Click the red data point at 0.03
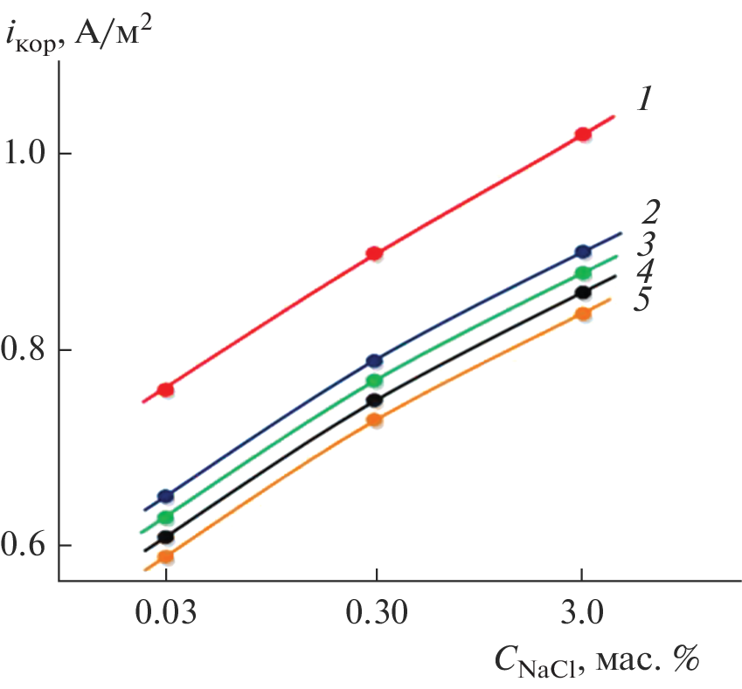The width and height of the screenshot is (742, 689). [x=165, y=389]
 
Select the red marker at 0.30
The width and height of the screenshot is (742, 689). [x=374, y=254]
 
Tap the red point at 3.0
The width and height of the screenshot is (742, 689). [x=582, y=134]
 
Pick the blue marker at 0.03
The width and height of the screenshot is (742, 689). [x=165, y=497]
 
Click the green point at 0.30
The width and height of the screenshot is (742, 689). [x=374, y=381]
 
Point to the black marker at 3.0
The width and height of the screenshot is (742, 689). [x=582, y=293]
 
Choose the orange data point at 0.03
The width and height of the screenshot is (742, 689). [x=165, y=556]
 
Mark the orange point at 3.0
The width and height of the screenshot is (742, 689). [x=582, y=313]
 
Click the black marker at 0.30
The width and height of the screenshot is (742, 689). [x=374, y=400]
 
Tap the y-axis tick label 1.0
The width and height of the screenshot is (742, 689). [x=30, y=155]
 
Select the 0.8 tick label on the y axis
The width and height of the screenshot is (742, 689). [x=30, y=351]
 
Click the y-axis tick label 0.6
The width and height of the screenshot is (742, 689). [x=30, y=547]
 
